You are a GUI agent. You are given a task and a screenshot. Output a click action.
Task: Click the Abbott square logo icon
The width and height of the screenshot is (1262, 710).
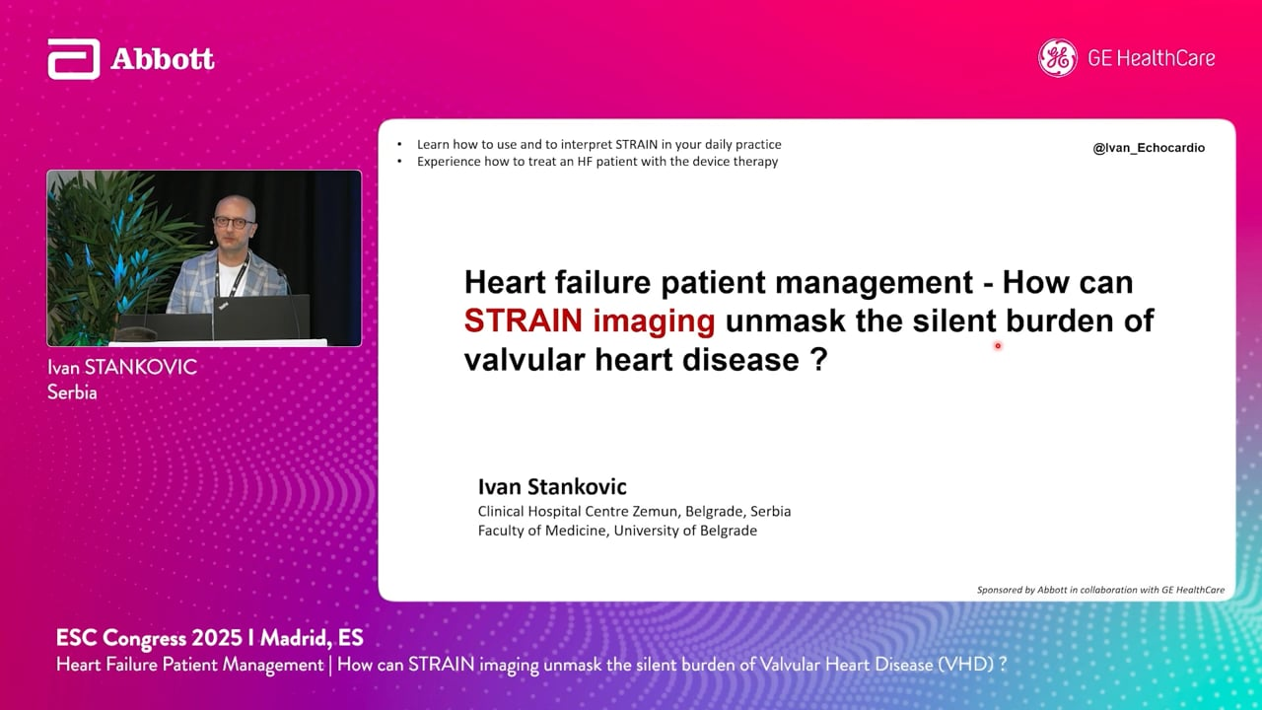point(74,59)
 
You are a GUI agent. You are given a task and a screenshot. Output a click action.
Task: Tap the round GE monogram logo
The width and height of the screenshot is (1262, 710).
point(1058,58)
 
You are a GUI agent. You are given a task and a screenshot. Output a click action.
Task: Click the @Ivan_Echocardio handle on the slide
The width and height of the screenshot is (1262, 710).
point(1149,148)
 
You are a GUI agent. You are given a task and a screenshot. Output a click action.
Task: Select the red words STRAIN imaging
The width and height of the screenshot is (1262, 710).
point(590,320)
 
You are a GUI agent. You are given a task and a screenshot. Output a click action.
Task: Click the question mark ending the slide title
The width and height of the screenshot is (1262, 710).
point(820,358)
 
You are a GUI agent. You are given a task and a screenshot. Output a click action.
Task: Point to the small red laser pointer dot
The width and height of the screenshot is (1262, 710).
point(998,346)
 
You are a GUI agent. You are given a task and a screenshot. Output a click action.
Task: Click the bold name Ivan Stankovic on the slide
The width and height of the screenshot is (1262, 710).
point(552,486)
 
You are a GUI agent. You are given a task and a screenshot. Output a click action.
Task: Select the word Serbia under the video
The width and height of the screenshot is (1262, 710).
point(72,392)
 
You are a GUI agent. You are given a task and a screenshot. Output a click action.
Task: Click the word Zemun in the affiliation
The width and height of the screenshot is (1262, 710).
point(654,511)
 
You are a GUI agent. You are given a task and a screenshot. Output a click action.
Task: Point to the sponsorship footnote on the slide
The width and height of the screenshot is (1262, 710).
point(1100,590)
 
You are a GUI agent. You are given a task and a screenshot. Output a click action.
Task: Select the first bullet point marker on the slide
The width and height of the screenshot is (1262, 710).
point(399,144)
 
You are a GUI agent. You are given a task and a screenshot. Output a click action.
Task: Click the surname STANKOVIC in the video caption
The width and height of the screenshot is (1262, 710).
point(140,368)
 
